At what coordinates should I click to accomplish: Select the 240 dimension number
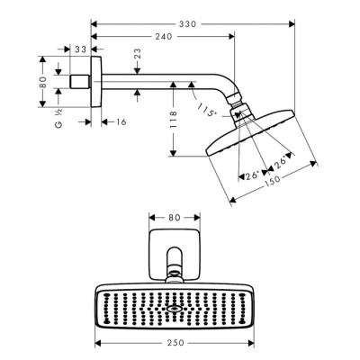coord(161,37)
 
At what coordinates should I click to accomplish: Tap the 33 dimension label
coord(81,50)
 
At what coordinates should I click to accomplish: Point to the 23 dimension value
coord(137,56)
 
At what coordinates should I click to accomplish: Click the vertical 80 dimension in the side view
coord(41,82)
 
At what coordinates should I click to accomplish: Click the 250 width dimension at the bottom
coord(186,344)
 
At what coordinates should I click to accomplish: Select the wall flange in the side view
coord(94,81)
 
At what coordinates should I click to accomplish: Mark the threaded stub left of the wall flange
coord(81,81)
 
